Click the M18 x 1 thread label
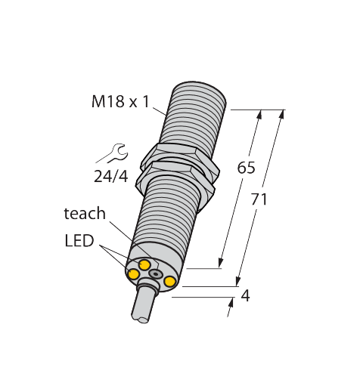tap(121, 102)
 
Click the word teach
tap(84, 214)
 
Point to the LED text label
tap(79, 241)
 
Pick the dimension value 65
tap(246, 168)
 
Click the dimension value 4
tap(244, 295)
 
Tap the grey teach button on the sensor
tap(156, 273)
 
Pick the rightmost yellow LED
tap(170, 283)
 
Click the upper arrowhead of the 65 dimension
tap(260, 115)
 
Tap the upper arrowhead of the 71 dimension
tap(282, 115)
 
